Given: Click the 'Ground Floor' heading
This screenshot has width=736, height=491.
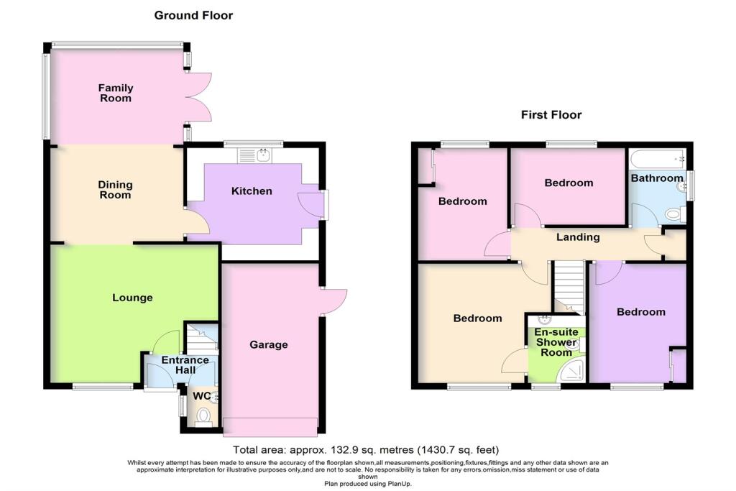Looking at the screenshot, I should point(193,15).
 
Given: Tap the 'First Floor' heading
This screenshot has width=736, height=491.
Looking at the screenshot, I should point(551,115).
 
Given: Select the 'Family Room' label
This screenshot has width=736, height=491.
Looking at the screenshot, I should point(116,93).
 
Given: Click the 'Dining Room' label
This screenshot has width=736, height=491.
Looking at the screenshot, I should point(115,190).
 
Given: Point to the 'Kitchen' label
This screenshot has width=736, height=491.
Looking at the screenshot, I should point(252,191).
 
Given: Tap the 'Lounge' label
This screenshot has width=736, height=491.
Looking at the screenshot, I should point(132,298).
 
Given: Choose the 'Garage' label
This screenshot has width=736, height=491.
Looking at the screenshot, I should point(269,345).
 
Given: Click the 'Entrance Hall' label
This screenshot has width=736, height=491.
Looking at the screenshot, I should point(185,365).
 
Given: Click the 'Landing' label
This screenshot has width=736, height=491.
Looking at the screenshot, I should point(578,237).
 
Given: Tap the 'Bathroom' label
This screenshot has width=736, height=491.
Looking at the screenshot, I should point(656,178).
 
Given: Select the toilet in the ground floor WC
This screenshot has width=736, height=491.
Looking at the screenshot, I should point(204,415).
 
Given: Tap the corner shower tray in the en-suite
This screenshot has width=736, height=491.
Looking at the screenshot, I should point(573,371).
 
